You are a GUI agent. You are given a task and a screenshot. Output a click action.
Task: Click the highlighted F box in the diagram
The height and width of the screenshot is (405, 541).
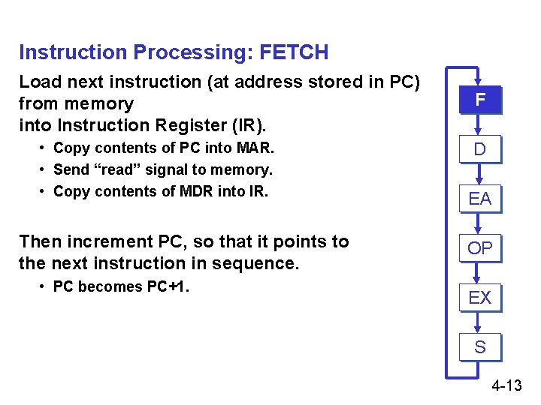tap(480, 100)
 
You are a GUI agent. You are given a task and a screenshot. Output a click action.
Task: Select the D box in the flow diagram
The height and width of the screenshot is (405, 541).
tap(480, 148)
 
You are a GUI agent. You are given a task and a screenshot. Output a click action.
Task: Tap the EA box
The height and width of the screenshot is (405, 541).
tap(480, 198)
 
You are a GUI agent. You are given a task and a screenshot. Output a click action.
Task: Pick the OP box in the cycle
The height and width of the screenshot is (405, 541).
tap(480, 247)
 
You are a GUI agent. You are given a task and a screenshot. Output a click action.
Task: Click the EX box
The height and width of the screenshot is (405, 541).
tap(480, 297)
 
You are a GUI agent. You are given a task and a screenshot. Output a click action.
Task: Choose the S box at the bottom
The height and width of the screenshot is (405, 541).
tap(480, 346)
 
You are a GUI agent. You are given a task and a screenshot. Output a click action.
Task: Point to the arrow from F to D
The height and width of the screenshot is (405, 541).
tap(480, 125)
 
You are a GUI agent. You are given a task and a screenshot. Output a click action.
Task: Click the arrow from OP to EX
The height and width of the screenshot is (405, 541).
tap(480, 273)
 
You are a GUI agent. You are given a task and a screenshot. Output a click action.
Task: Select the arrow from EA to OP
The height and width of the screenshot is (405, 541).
tap(480, 223)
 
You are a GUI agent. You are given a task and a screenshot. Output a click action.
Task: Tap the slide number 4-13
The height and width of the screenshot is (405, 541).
tap(506, 386)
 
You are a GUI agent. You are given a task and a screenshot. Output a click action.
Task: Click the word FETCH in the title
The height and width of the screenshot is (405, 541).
tap(294, 52)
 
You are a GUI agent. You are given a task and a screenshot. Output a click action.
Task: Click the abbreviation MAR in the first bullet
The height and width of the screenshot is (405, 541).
tap(255, 148)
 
